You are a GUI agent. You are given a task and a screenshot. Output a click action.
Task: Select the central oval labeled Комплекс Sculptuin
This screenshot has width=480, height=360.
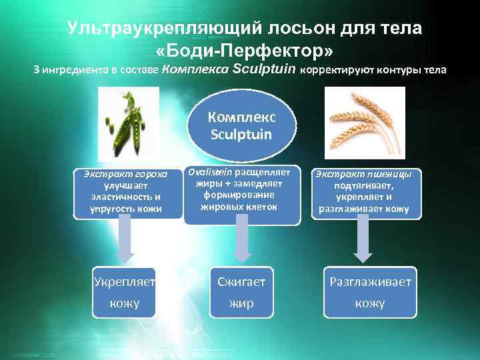241,125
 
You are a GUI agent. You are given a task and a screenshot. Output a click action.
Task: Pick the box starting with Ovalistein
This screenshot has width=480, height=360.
240,189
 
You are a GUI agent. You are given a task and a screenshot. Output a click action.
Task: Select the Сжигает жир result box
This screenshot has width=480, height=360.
241,292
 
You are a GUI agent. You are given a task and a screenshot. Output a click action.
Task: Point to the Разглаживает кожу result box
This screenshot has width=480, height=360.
369,292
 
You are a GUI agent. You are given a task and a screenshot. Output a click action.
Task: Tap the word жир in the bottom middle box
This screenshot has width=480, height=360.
241,303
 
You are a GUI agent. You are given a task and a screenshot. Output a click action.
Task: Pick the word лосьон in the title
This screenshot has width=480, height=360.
290,29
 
